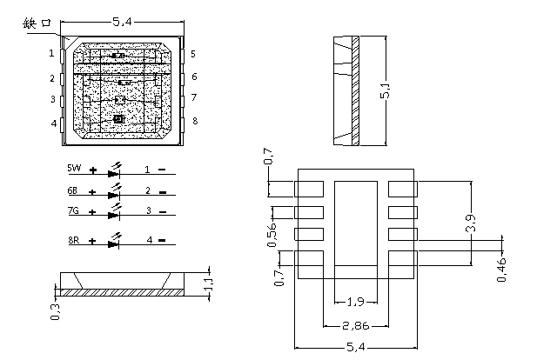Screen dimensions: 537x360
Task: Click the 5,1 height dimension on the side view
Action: [386, 90]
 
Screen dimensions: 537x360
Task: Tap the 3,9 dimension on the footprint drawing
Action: [471, 223]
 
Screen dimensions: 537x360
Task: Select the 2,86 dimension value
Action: [356, 326]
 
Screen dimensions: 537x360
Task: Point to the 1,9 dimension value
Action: [356, 302]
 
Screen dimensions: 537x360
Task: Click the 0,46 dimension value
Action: [501, 270]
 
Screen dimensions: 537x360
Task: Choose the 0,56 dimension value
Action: [272, 235]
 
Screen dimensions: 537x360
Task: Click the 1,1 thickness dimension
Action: [209, 284]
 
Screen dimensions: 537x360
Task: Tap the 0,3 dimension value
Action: [56, 312]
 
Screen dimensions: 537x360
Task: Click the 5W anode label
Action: [74, 168]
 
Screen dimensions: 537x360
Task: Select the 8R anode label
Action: [74, 240]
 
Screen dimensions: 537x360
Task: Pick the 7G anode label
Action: [73, 210]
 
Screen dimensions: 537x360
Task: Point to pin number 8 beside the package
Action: [195, 121]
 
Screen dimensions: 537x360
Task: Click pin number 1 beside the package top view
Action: [51, 53]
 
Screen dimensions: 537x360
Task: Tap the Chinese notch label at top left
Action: [37, 23]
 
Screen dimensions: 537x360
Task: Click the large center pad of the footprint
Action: [356, 223]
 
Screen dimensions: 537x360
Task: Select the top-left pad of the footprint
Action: [309, 189]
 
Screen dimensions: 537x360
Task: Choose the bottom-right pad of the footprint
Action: [403, 258]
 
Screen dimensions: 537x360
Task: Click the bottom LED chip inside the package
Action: [118, 119]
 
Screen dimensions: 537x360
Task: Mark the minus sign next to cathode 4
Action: [162, 241]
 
